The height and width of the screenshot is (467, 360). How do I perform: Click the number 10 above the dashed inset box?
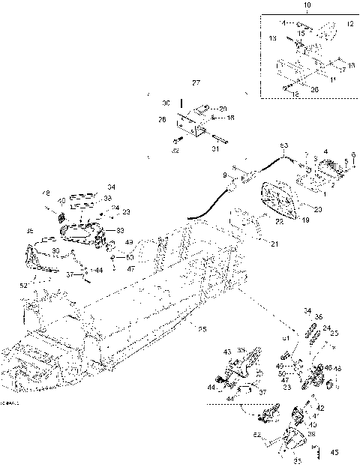point(285,5)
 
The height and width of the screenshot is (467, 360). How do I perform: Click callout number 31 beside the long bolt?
point(215,149)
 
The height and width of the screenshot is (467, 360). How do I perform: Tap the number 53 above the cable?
point(283,145)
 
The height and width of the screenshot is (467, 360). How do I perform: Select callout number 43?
point(227,352)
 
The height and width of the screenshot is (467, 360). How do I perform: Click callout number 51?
point(286,339)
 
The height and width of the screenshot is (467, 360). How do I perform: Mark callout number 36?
point(318,317)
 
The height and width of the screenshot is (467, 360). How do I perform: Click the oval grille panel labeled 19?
point(281,199)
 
